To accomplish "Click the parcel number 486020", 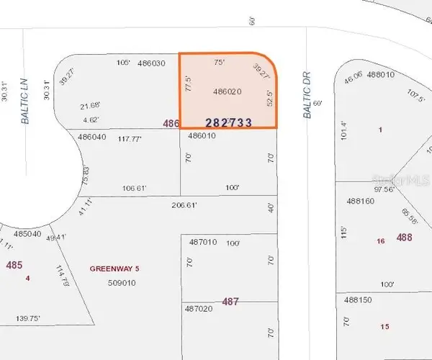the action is [227, 91].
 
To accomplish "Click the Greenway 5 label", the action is [114, 269].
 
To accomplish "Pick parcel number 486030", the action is [151, 63].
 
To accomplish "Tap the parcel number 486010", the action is [202, 135].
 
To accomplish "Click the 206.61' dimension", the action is [184, 204].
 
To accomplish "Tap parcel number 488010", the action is [382, 74].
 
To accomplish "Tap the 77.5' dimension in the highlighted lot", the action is [188, 84].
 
